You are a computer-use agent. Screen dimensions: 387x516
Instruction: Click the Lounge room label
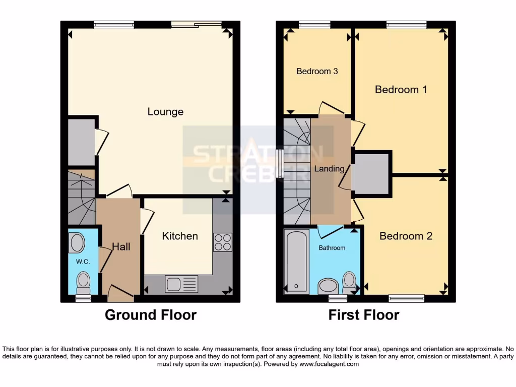point(165,112)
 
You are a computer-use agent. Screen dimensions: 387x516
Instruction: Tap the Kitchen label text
point(180,236)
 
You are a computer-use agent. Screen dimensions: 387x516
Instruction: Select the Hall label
point(121,246)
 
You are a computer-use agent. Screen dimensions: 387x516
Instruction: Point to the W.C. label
point(83,262)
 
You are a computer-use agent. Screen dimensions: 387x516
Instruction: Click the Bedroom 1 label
point(401,90)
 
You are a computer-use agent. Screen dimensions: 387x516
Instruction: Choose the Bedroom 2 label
point(406,236)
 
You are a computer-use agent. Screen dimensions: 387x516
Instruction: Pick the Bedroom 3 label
point(317,72)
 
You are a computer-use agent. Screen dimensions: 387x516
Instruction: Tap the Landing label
point(330,169)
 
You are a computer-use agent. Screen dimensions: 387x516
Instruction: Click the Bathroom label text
point(332,248)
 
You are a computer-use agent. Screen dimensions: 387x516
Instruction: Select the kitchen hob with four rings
point(222,242)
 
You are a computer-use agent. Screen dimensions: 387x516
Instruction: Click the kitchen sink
point(181,284)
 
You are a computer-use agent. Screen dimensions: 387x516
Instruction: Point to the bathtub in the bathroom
point(296,261)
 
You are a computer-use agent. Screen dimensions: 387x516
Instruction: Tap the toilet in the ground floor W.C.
point(83,282)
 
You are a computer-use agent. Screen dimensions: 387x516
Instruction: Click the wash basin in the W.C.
point(78,243)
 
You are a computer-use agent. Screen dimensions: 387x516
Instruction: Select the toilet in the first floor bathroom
point(349,282)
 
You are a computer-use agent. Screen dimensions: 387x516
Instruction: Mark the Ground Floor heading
point(150,315)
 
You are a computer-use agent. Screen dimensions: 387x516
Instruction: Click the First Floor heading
point(364,315)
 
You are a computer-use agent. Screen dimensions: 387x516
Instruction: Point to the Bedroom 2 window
point(406,298)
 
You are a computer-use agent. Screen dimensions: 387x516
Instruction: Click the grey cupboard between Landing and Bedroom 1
point(372,174)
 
